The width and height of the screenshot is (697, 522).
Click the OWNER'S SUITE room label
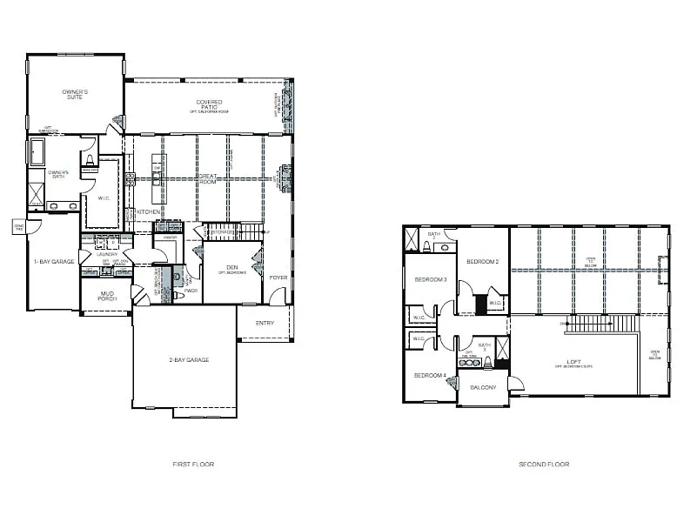coord(77,94)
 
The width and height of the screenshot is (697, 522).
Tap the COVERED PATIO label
coord(208,105)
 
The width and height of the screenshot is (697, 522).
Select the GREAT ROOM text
coord(208,178)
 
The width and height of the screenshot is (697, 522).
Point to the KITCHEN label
coord(148,211)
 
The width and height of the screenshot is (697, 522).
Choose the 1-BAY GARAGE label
coord(52,261)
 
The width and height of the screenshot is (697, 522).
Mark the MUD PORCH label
coord(108,296)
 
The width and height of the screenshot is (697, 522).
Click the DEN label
coord(232,268)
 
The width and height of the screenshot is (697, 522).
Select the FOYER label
coord(278,278)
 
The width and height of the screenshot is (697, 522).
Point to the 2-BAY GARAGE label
coord(189,359)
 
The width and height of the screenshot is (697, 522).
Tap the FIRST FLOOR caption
coord(193,465)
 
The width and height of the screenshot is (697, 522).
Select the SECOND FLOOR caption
coord(544,465)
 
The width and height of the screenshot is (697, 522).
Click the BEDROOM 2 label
coord(481,262)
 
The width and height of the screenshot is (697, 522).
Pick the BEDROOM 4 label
coord(430,375)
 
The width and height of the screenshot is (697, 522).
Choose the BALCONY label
coord(482,387)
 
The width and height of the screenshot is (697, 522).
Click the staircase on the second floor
coord(600,325)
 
